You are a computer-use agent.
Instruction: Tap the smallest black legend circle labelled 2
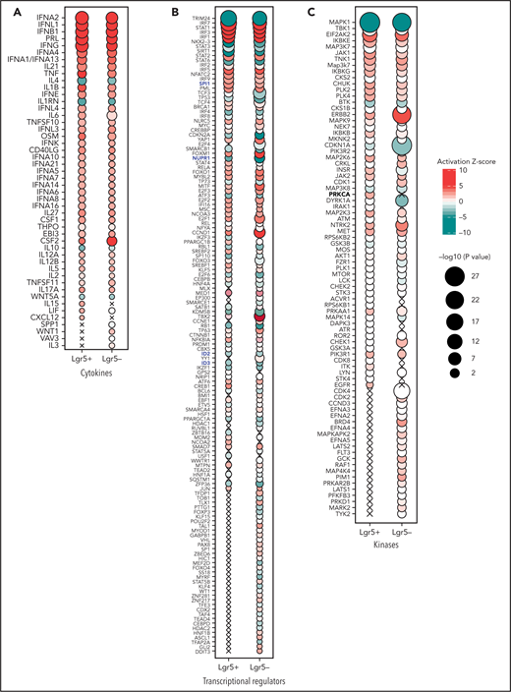pos(461,401)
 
